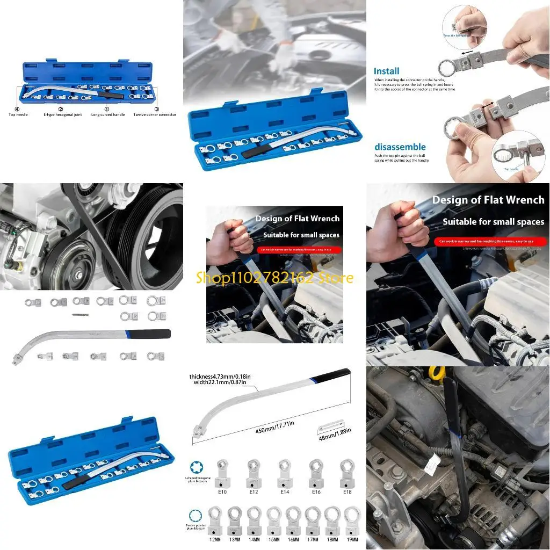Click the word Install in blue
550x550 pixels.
[x=387, y=71]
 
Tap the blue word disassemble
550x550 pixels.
[x=400, y=147]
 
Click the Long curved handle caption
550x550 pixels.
[x=108, y=114]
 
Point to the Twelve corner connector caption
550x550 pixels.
[x=155, y=114]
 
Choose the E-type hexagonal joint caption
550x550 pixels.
[x=62, y=114]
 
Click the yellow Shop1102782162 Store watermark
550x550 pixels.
[x=274, y=278]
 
